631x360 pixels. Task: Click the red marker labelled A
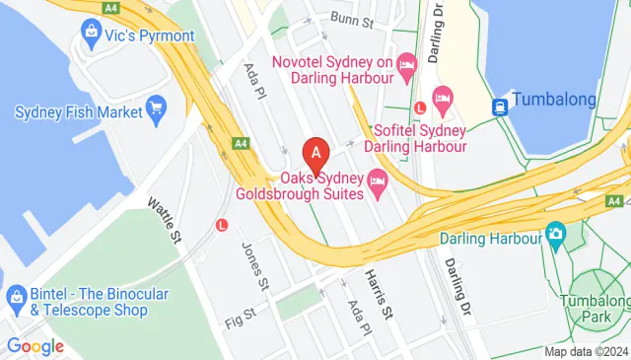[x=315, y=153]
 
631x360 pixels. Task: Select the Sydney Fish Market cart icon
[x=155, y=107]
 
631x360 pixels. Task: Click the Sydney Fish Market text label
[x=77, y=111]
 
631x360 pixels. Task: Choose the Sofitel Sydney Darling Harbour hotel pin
[x=443, y=97]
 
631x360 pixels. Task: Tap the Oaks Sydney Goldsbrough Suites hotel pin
[x=377, y=181]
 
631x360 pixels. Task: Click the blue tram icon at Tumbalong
[x=501, y=105]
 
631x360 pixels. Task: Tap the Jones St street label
[x=255, y=265]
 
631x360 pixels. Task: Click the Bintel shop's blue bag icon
[x=15, y=296]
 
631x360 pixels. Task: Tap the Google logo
[x=35, y=346]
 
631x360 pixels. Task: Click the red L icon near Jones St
[x=221, y=224]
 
